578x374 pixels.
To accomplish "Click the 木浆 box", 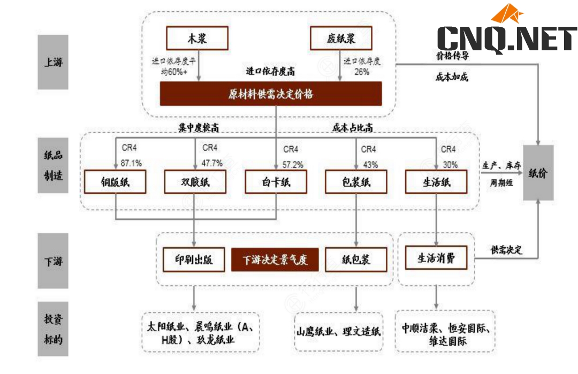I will tap(197, 39).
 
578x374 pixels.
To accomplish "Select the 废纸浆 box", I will tap(341, 39).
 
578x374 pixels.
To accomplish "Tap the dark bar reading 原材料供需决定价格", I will tap(271, 94).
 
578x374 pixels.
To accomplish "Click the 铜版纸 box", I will tap(115, 182).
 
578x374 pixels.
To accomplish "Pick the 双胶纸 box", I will tap(195, 182).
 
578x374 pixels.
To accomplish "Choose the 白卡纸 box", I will tap(276, 182).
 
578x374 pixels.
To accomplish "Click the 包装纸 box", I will tap(356, 182).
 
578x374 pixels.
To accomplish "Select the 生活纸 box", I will tap(436, 182).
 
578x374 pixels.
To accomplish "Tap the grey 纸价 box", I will tap(538, 173).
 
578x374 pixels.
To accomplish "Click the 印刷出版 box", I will tap(194, 259).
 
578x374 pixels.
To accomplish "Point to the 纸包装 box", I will tap(356, 259).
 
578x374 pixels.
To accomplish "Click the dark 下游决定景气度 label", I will tap(275, 260).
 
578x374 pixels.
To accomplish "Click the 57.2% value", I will tap(293, 164).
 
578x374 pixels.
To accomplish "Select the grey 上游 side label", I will tap(54, 62).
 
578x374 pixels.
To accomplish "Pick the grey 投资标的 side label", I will tap(54, 329).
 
